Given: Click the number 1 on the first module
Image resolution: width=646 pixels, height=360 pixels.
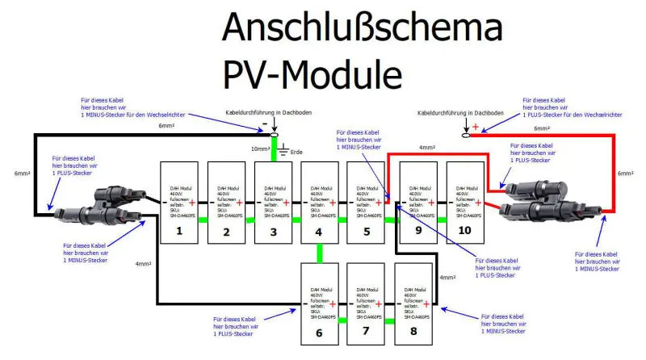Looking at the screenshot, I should tap(181, 232).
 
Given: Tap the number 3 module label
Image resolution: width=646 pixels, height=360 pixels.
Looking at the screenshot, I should tap(274, 232).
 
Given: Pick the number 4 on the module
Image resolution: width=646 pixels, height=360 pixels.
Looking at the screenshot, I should tap(320, 232).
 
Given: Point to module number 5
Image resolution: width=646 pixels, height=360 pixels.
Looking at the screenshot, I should tap(367, 232).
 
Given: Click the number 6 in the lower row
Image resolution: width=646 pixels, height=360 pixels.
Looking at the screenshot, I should tap(320, 331).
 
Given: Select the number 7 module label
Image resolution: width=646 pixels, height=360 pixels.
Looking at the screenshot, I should tap(367, 331).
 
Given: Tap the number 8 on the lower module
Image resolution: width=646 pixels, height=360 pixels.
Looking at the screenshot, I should tap(413, 331).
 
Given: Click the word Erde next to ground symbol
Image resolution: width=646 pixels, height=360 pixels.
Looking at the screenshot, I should tap(296, 152).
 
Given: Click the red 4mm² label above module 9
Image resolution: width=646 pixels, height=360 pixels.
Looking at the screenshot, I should tap(429, 148).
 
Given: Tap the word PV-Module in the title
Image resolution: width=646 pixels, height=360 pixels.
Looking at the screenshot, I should tap(312, 75).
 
